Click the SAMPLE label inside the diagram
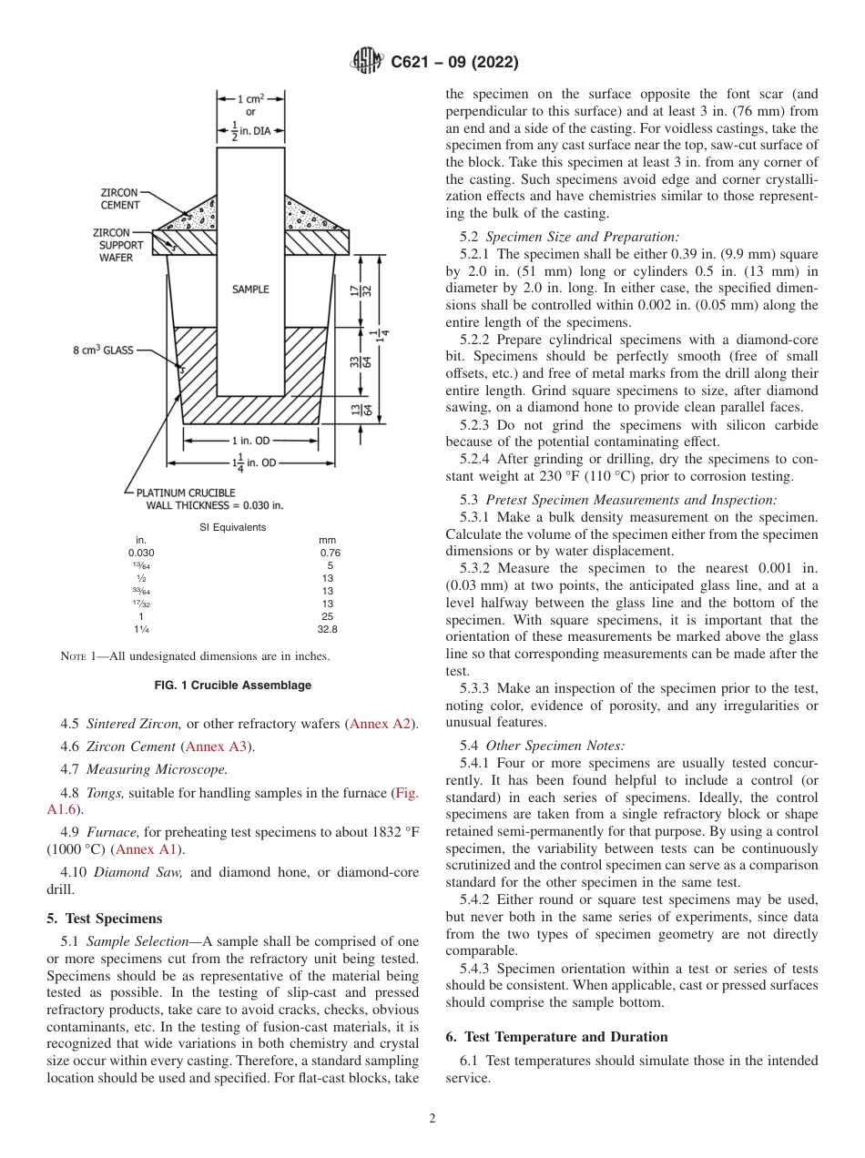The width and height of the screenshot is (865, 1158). click(x=250, y=289)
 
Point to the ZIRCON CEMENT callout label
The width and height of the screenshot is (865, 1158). click(x=120, y=199)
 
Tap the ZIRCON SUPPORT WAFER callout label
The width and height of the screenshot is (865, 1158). click(x=116, y=245)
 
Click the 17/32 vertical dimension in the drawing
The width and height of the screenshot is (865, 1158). click(x=354, y=290)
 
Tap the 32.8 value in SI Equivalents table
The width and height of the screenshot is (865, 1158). click(x=327, y=629)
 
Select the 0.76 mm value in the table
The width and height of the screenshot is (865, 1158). click(x=330, y=553)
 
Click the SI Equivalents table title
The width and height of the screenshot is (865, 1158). click(x=233, y=528)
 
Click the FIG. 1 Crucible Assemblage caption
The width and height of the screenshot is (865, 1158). click(x=233, y=686)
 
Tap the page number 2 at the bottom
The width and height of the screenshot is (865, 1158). click(x=432, y=1119)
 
